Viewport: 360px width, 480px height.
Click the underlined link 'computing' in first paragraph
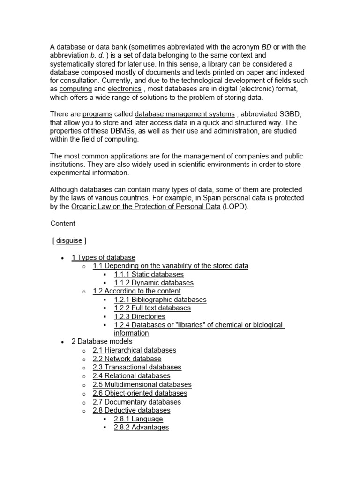(x=75, y=89)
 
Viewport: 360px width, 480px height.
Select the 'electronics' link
(x=124, y=89)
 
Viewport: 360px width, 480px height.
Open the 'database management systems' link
(x=185, y=114)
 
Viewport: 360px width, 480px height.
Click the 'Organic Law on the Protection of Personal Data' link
(x=146, y=206)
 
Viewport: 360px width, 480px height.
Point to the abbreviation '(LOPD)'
(x=234, y=206)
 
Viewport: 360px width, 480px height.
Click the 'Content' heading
(x=63, y=224)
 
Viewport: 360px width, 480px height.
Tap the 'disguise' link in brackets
(x=69, y=240)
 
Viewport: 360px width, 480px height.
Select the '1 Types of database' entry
(x=104, y=257)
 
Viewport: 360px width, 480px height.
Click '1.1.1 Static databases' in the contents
(x=149, y=274)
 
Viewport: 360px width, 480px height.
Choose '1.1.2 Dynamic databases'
(x=153, y=283)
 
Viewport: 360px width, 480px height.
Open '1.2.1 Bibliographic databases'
(x=160, y=300)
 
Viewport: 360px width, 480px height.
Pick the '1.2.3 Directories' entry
(x=140, y=316)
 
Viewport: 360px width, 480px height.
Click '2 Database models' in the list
(x=102, y=342)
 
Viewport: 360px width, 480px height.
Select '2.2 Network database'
(x=127, y=359)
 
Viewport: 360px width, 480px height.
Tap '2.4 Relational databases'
(x=132, y=375)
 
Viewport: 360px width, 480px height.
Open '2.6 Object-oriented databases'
(x=140, y=393)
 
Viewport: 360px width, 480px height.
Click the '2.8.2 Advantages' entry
(x=141, y=427)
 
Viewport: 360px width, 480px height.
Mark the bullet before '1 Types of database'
(x=62, y=258)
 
